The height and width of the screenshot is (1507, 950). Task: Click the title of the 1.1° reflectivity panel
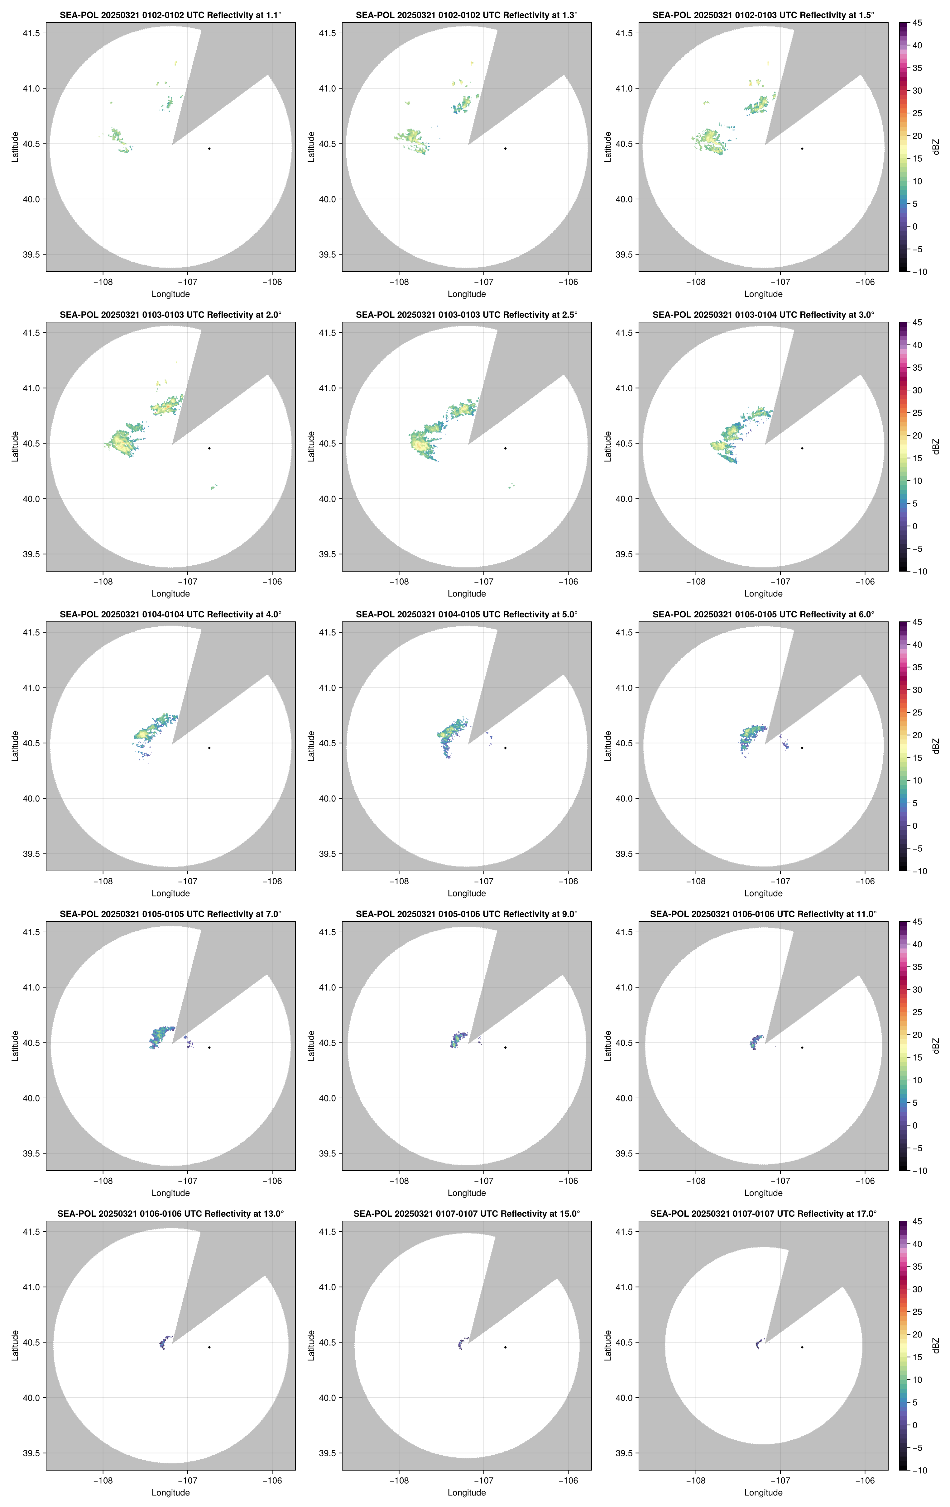(x=170, y=15)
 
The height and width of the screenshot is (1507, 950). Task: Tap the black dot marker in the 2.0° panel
(x=209, y=448)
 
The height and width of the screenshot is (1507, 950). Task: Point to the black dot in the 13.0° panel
(x=209, y=1347)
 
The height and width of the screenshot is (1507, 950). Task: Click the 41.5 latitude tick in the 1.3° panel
(x=328, y=33)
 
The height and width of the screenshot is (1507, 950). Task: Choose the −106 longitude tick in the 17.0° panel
(x=865, y=1481)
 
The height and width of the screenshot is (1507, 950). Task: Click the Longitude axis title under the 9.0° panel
(x=467, y=1193)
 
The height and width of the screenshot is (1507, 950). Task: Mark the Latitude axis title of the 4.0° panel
(x=15, y=746)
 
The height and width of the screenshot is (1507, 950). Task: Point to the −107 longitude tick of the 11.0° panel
(x=780, y=1181)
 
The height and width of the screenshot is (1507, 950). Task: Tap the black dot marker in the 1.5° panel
(x=802, y=148)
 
